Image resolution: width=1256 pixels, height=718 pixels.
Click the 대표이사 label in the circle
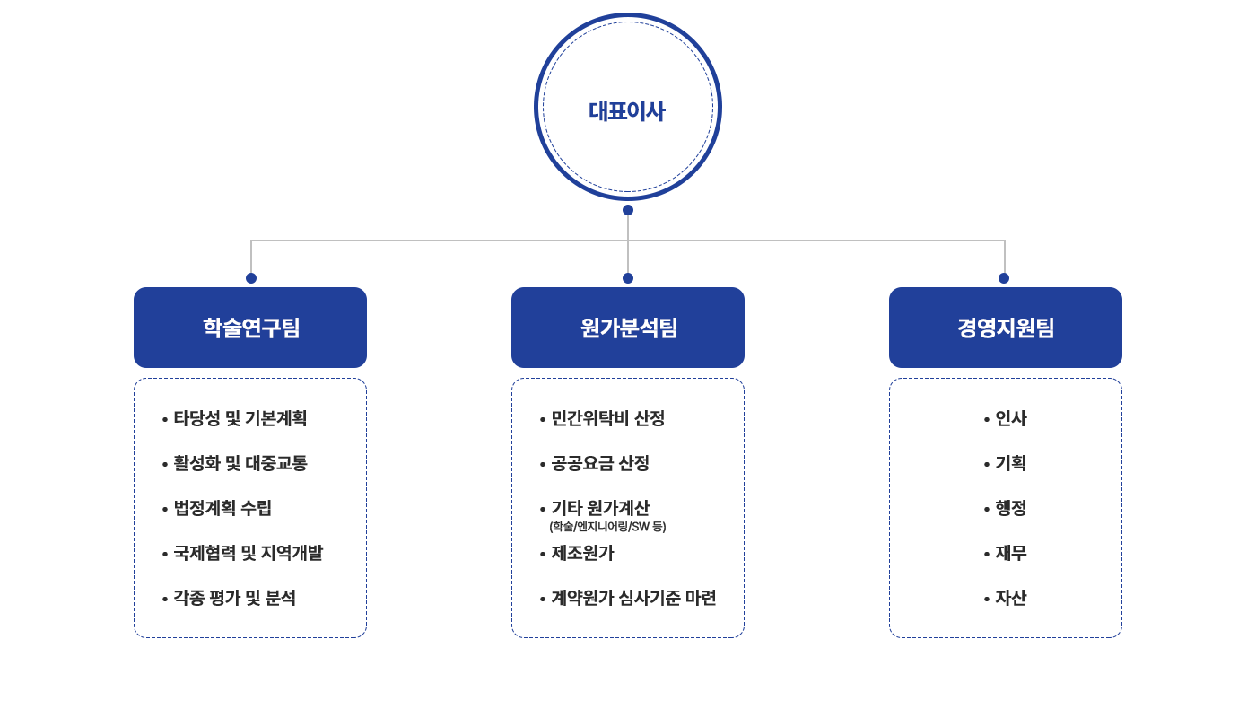click(627, 111)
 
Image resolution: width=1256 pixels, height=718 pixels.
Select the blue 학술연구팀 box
click(250, 328)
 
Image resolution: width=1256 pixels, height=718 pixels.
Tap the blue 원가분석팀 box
click(628, 328)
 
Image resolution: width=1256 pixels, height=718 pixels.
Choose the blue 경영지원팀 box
click(1006, 328)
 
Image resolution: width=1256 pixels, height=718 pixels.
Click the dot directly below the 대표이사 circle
click(628, 210)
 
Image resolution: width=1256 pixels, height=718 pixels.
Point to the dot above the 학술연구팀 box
click(251, 278)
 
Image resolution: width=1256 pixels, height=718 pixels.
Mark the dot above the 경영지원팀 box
click(1004, 278)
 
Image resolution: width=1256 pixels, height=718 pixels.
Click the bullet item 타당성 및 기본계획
click(234, 418)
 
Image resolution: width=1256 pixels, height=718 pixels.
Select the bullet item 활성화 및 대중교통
click(234, 463)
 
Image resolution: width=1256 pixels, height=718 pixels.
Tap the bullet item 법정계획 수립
click(217, 508)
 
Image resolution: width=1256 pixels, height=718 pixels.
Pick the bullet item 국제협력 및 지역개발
click(243, 553)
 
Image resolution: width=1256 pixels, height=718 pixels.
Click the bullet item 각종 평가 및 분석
click(229, 598)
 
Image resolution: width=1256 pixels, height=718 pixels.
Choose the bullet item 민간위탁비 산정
click(602, 418)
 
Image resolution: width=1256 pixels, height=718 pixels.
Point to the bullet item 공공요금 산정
click(594, 463)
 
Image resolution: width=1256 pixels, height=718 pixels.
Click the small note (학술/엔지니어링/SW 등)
click(608, 527)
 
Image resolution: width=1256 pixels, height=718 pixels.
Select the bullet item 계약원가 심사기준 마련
click(628, 598)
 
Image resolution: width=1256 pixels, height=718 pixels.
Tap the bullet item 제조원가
click(577, 553)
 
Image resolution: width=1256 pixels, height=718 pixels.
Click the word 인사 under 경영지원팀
click(1011, 418)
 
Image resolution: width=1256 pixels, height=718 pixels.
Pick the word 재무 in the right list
click(1011, 553)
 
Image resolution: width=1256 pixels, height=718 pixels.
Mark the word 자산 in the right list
click(1011, 598)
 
